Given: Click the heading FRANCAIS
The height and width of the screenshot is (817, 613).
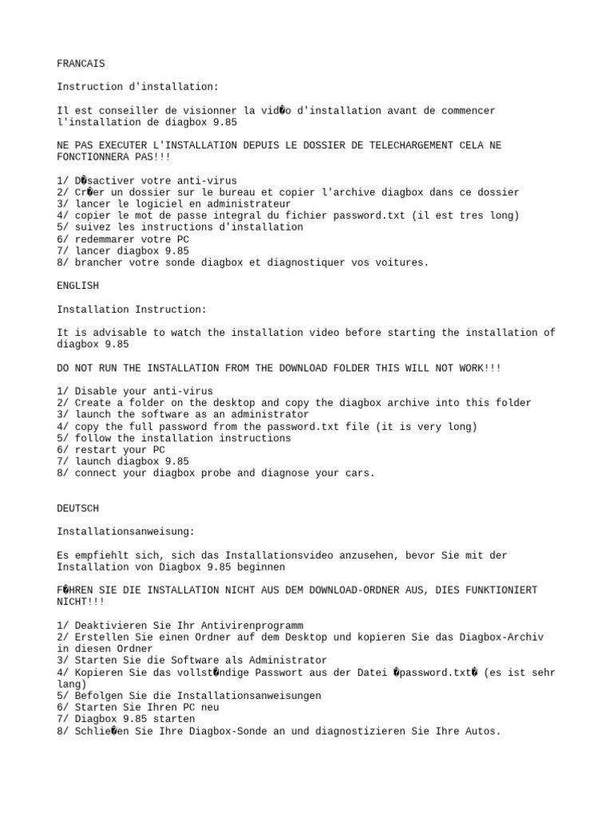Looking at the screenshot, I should (81, 64).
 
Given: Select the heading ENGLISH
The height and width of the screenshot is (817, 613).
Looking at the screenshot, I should (78, 286).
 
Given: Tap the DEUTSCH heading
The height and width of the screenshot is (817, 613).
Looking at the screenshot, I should (78, 508).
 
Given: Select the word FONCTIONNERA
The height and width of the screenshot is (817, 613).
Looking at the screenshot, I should (93, 157).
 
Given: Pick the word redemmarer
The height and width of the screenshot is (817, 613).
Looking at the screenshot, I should (104, 239).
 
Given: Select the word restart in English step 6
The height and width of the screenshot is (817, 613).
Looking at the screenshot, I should (95, 450).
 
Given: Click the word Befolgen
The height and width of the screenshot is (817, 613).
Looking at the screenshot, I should (98, 696).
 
